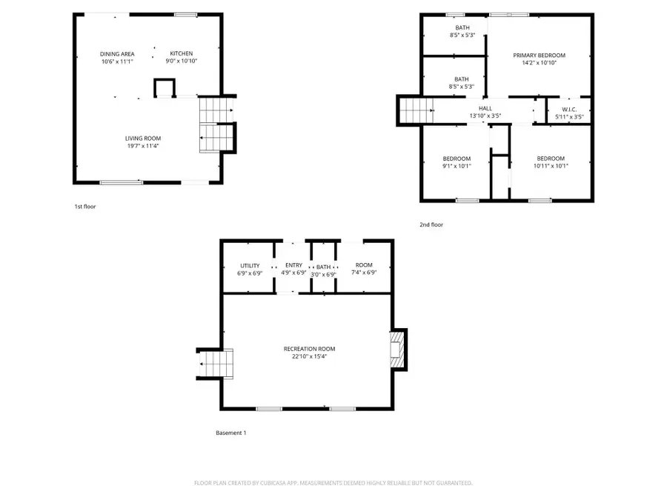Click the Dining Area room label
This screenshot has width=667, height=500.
point(117,54)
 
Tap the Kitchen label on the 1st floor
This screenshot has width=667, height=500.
point(182,53)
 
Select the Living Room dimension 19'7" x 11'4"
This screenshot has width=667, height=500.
point(142,146)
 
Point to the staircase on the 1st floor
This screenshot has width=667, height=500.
point(215,124)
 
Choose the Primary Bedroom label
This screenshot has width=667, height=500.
point(540,56)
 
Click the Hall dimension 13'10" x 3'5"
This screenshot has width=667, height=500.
point(485,116)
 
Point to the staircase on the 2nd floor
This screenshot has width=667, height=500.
point(416,111)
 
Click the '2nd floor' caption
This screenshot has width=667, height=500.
point(431,224)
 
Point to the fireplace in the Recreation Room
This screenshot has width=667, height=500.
point(398,349)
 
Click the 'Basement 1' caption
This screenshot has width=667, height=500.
point(230,433)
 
